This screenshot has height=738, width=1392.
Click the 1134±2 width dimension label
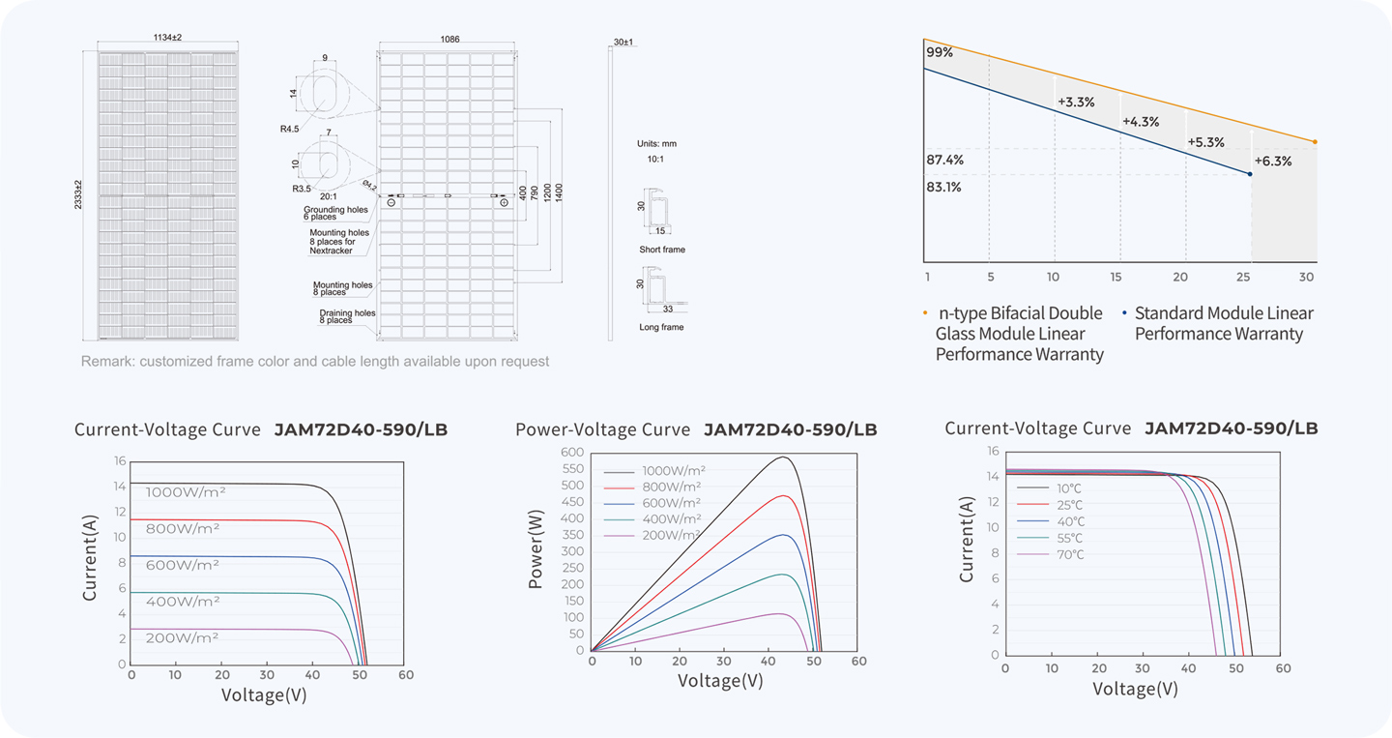[x=167, y=38]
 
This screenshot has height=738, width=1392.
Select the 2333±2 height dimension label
[x=78, y=194]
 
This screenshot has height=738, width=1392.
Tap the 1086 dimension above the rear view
[x=449, y=39]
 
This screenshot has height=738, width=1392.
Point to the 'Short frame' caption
[x=662, y=250]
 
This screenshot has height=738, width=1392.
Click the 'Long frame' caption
[x=661, y=327]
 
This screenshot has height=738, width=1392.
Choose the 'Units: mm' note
[x=656, y=143]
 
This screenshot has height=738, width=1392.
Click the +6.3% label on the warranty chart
[x=1273, y=162]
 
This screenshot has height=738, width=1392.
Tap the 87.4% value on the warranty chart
[x=944, y=160]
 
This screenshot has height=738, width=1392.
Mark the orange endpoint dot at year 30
[x=1315, y=142]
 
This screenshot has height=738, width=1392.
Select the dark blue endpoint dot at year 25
[x=1250, y=174]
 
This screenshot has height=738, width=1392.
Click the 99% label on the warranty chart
[x=939, y=52]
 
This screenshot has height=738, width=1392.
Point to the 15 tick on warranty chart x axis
[x=1116, y=278]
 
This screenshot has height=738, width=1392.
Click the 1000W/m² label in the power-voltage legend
[x=674, y=471]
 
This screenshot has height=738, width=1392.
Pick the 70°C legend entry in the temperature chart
[x=1070, y=554]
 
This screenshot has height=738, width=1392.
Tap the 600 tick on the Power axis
[x=572, y=452]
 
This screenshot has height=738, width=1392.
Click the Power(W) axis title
[x=536, y=549]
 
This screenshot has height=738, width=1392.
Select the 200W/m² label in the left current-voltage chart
[x=182, y=638]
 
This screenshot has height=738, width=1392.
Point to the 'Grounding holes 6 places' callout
[x=335, y=213]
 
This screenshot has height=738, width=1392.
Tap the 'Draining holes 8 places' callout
[x=347, y=316]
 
